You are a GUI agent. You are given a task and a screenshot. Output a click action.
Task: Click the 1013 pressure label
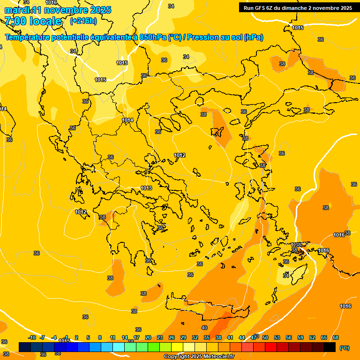(x=146, y=188)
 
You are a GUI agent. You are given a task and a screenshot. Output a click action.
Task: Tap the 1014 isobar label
(x=127, y=120)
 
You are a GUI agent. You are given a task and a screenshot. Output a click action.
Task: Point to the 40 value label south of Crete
(x=204, y=328)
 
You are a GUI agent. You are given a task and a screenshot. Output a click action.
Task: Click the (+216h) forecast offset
(x=83, y=21)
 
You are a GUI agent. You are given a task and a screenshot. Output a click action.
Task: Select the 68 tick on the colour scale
(x=336, y=337)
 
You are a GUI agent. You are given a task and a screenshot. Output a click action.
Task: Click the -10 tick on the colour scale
(x=32, y=337)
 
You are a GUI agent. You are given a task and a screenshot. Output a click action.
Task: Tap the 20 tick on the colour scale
(x=148, y=337)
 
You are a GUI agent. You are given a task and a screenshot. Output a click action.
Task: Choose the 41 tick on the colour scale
(x=230, y=337)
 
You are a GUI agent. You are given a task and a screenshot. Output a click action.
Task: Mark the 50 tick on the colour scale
(x=265, y=337)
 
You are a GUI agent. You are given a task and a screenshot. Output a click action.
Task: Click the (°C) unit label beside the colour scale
(x=345, y=348)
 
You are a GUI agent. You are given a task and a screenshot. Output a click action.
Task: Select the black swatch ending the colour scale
(x=330, y=347)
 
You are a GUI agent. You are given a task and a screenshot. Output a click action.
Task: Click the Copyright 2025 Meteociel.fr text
(x=199, y=357)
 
